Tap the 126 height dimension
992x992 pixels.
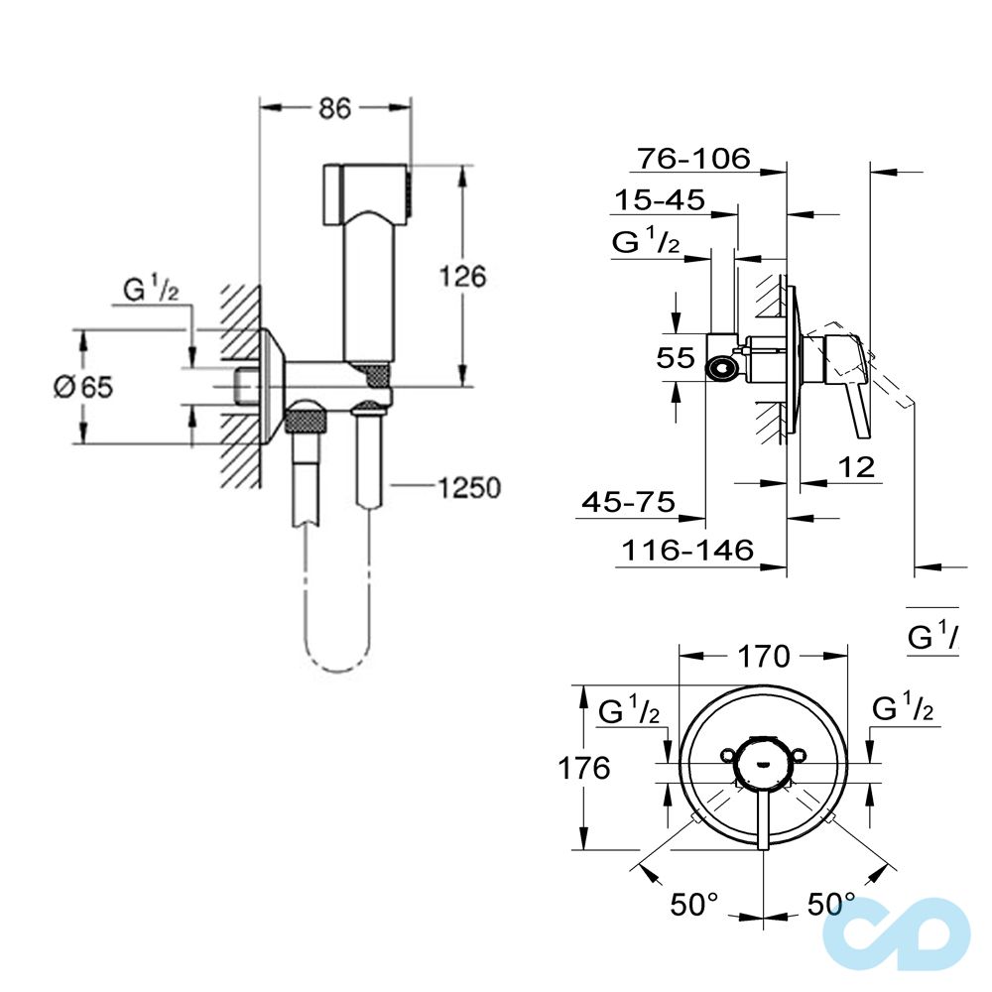pos(462,276)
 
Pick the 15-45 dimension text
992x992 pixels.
pos(659,200)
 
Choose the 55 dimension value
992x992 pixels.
pos(677,358)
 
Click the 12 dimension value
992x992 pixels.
pos(857,466)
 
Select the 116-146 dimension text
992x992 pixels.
pos(685,549)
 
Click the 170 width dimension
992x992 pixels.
pos(763,656)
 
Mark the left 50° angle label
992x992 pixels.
pos(693,904)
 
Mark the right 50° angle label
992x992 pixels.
pos(830,904)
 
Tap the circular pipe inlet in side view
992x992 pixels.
pos(722,370)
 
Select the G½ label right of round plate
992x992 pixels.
pos(903,710)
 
